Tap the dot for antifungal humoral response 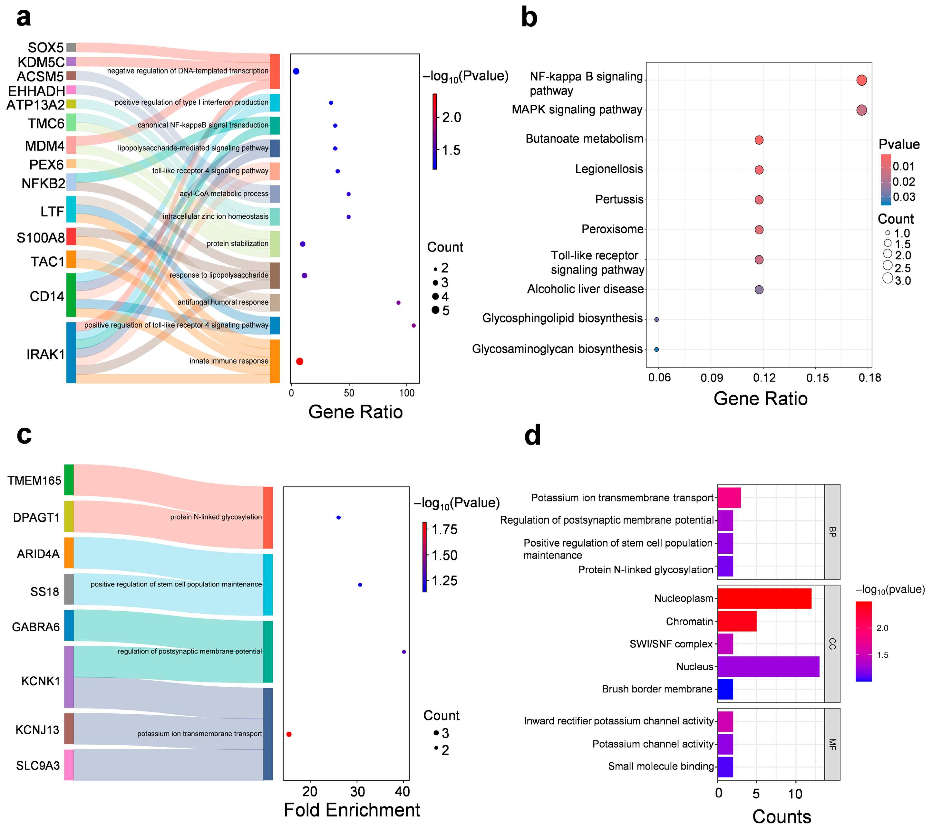pos(398,303)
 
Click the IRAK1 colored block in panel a pos(71,353)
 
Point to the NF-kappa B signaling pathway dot pos(861,80)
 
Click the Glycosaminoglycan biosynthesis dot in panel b pos(656,349)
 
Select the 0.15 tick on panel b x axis pos(818,377)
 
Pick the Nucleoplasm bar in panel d pos(764,598)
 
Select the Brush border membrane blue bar pos(725,689)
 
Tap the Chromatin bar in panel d pos(737,621)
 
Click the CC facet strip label pos(832,644)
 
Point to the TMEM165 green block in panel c pos(69,480)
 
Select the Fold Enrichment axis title pos(352,810)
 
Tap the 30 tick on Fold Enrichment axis pos(357,791)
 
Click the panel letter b pos(529,17)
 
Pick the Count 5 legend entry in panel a pos(440,310)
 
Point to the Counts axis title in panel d pos(782,816)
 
